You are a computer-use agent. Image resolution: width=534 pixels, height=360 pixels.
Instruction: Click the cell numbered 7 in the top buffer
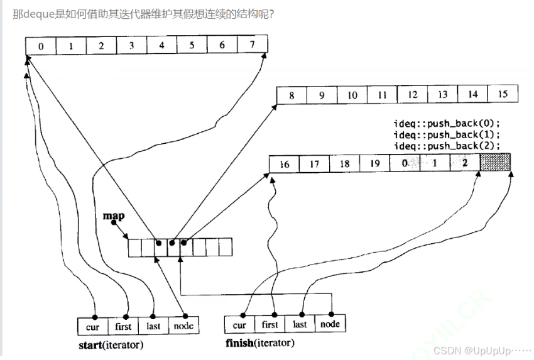coord(252,45)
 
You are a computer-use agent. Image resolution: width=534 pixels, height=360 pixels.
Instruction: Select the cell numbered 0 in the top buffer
coord(41,45)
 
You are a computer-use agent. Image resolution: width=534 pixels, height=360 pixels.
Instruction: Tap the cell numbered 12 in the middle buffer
coord(413,95)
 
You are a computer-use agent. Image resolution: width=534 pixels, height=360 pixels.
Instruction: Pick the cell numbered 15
coord(503,95)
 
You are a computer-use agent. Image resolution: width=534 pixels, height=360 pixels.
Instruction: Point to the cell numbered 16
coord(284,165)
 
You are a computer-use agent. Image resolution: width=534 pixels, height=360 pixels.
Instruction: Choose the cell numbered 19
coord(374,165)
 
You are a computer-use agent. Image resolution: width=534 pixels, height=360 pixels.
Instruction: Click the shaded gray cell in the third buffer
coord(496,163)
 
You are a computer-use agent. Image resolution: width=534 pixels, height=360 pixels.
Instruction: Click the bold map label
coord(114,215)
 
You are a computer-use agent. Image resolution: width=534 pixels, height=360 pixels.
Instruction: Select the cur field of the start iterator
coord(93,326)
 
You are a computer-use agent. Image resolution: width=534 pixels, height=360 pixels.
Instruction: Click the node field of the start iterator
coord(183,326)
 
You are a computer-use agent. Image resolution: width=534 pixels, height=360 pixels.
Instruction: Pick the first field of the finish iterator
coord(270,324)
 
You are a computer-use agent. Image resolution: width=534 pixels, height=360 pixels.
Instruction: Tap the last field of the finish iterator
coord(300,324)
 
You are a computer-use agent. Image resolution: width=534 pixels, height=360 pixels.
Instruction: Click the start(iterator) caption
coord(111,346)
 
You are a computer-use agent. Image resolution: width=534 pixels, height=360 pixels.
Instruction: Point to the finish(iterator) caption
coord(259,343)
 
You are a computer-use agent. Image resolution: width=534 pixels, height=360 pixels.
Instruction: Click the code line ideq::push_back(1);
coord(447,134)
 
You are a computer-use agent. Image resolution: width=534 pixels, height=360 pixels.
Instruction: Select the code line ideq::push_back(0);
coord(447,123)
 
